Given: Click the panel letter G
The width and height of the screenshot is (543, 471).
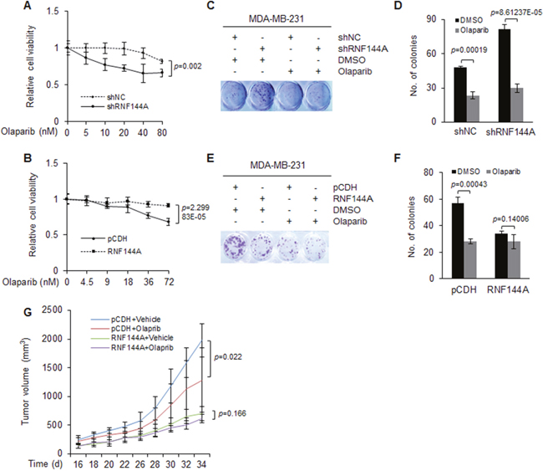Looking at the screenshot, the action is tap(28, 312).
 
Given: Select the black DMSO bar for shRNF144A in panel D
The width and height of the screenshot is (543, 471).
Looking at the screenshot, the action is tap(505, 75).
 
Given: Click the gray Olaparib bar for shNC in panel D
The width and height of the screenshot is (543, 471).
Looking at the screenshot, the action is tap(473, 109).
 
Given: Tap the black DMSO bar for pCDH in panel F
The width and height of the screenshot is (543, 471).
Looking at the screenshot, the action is tap(458, 241).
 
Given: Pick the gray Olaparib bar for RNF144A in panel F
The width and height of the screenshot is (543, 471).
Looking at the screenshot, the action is tap(514, 260).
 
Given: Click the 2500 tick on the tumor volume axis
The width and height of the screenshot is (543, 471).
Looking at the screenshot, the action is tap(53, 310).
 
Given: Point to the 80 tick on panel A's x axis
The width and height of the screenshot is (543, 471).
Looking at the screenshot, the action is tap(162, 133).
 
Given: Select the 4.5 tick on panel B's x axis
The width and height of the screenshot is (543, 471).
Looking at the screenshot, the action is tap(87, 282).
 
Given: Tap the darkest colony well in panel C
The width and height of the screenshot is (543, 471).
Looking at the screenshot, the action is tap(261, 95).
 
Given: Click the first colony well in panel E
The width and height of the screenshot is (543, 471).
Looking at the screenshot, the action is tap(235, 246).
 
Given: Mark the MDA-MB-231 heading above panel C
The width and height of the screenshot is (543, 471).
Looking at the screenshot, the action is tap(277, 18).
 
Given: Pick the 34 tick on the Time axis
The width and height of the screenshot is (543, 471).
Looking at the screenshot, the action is tap(201, 463).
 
